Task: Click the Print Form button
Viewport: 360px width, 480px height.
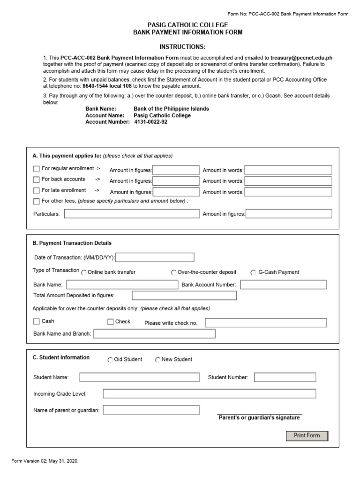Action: click(x=307, y=436)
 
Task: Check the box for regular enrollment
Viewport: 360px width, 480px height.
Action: click(x=37, y=169)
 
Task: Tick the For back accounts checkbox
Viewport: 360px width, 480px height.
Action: click(x=37, y=180)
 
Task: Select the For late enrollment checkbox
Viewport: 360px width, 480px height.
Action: click(x=37, y=191)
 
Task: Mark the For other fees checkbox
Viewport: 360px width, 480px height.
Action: click(x=37, y=202)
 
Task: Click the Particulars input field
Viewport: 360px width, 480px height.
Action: click(x=132, y=214)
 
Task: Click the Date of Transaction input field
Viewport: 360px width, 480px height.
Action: click(x=155, y=257)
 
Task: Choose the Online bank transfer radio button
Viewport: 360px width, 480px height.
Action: click(x=84, y=272)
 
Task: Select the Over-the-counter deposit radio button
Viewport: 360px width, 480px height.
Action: click(x=173, y=272)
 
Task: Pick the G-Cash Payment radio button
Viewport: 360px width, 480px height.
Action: click(x=253, y=272)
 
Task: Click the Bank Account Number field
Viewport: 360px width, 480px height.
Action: click(x=283, y=285)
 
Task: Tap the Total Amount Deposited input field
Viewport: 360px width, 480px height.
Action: click(x=184, y=295)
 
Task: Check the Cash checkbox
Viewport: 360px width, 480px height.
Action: click(x=37, y=322)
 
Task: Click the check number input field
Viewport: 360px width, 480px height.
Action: click(x=266, y=322)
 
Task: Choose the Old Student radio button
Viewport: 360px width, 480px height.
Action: click(x=110, y=360)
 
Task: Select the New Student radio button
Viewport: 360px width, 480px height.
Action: click(x=158, y=360)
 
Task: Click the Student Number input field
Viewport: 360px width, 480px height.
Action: click(x=285, y=377)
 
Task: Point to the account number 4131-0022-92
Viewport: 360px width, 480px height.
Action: click(x=150, y=122)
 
